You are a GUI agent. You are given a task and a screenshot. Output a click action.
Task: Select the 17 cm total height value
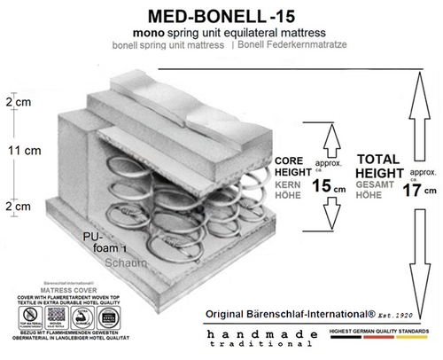coord(415,190)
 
